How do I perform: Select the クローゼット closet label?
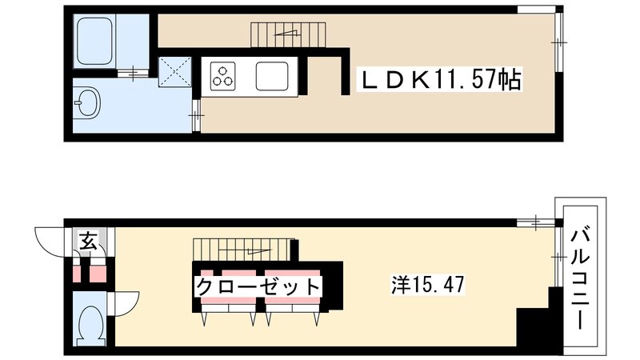click(258, 286)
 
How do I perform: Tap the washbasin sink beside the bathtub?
click(87, 104)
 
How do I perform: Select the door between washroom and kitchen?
click(195, 116)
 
